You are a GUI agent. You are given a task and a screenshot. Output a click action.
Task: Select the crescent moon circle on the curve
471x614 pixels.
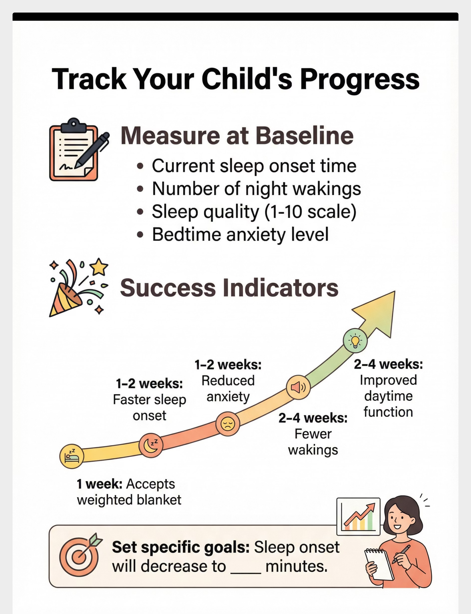(x=151, y=445)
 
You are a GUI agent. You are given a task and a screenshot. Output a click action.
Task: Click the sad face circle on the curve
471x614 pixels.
(x=228, y=424)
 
